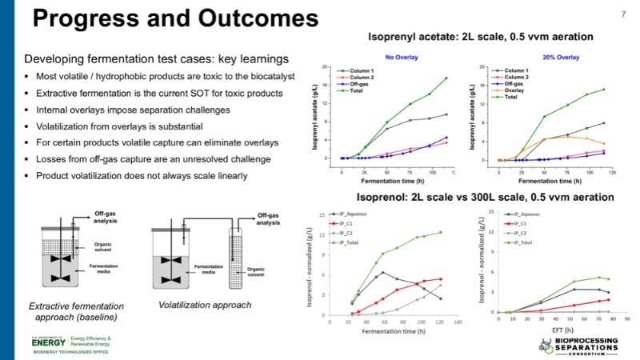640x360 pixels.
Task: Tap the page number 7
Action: (623, 14)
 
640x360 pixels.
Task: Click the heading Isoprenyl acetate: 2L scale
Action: (479, 36)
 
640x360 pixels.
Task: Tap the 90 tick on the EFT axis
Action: (627, 319)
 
